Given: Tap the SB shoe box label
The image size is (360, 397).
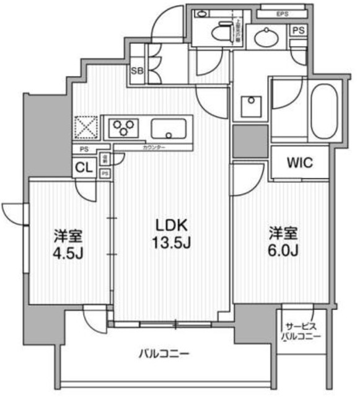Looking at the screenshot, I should [136, 71].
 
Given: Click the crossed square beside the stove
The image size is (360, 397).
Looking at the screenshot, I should [86, 128].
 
